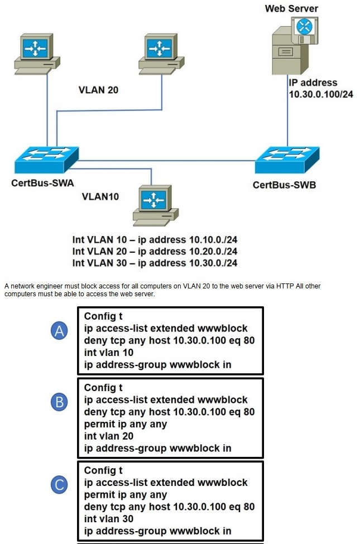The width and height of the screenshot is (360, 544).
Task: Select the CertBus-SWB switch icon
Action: tap(287, 160)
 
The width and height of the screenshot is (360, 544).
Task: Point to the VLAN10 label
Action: tap(100, 196)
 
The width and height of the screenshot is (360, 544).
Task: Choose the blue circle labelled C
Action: tap(60, 485)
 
